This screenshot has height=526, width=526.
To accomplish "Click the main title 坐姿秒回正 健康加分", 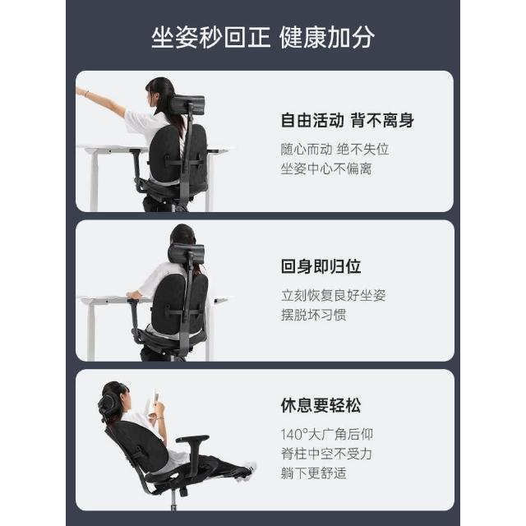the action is (263, 37).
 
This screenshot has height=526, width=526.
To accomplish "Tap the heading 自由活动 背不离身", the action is (347, 120).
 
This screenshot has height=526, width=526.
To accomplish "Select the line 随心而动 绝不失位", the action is (335, 150).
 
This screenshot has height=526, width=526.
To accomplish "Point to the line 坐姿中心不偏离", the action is (326, 168).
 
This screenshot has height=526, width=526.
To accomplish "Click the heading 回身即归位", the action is (321, 266).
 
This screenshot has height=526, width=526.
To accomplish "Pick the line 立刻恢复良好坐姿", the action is (333, 295).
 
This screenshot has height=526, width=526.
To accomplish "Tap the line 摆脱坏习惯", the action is (313, 315).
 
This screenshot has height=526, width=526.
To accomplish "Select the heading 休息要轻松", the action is (321, 405).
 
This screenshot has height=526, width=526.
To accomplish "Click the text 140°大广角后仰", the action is (327, 435).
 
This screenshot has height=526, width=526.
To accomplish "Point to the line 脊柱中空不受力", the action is (326, 454).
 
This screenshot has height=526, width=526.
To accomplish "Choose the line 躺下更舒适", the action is (313, 473).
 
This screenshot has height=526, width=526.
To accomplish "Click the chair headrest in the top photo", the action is (188, 104).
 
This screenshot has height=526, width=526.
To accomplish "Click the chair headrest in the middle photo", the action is (187, 253).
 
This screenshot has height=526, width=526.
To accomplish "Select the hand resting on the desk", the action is (133, 295).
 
